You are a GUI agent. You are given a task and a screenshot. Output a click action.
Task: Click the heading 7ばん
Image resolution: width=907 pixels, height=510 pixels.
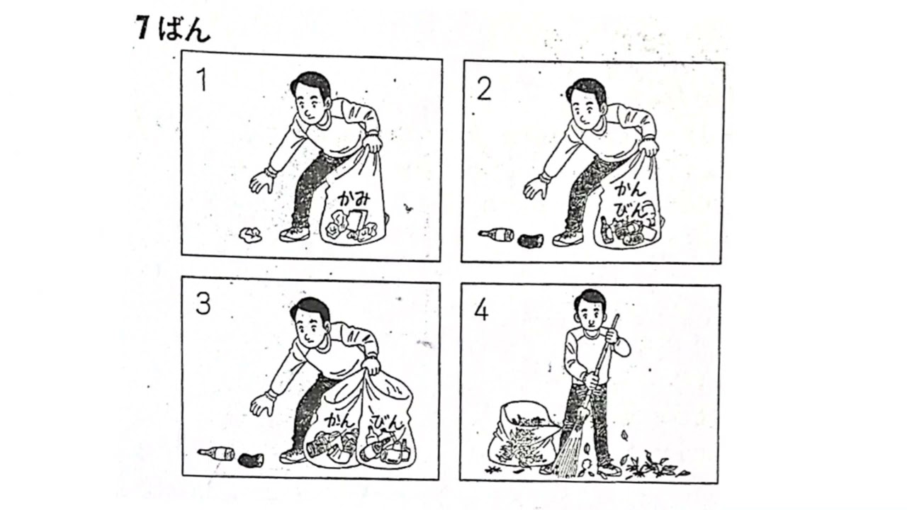(x=174, y=29)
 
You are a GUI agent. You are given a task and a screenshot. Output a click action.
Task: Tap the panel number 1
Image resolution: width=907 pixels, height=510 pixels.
(x=202, y=79)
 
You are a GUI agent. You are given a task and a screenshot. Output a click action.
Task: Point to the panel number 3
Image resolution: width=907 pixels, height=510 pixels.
(x=203, y=304)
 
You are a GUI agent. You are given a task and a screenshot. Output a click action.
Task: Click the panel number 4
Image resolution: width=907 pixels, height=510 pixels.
(x=481, y=311)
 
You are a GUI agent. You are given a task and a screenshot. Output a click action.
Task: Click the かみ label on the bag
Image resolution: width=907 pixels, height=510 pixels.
(x=354, y=198)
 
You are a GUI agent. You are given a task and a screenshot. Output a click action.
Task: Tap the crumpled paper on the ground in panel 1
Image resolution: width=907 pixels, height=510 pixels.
(x=251, y=234)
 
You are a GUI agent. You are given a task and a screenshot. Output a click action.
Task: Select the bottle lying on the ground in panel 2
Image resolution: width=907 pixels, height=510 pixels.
(x=496, y=234)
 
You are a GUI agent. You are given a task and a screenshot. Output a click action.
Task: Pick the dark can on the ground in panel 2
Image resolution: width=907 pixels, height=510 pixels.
(x=531, y=240)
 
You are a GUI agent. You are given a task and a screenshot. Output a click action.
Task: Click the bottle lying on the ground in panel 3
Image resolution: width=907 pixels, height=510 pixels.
(x=216, y=453)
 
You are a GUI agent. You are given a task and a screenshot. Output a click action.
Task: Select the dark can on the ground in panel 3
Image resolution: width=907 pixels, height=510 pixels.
(x=251, y=460)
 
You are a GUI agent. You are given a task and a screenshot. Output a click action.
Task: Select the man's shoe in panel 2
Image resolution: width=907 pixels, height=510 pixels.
(x=568, y=239)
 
